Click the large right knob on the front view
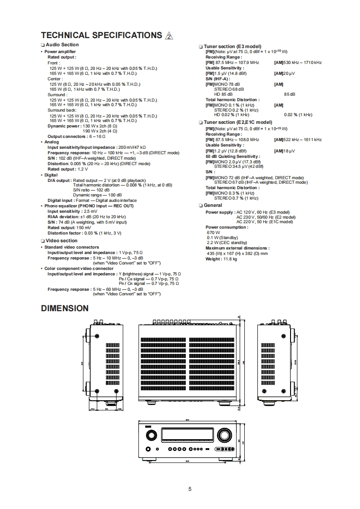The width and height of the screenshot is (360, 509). pos(223,436)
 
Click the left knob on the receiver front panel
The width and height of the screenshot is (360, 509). pos(150,436)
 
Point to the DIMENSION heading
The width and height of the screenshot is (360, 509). pos(64,308)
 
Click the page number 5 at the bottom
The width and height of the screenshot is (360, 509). pos(190,489)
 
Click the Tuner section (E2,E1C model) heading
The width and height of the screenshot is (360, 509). pos(238,122)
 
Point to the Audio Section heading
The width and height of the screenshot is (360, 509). pos(62,44)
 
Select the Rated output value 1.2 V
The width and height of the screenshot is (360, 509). pos(82,169)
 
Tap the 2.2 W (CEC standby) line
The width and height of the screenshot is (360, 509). pos(227,243)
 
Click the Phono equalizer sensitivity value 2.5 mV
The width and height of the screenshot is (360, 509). pos(90,211)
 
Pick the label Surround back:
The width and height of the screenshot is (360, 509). pos(62,110)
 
